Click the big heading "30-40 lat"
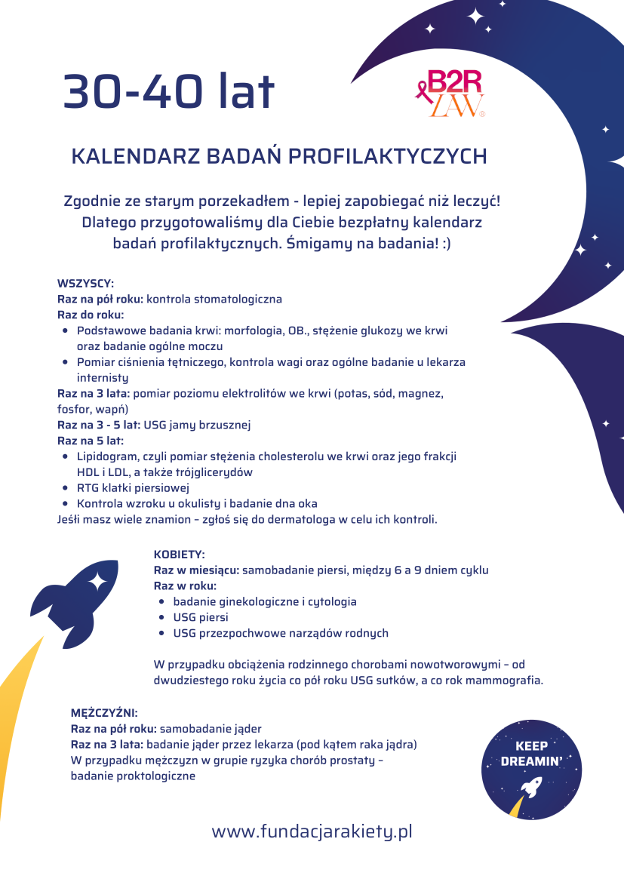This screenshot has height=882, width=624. tap(169, 92)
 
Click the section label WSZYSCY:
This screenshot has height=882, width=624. tap(85, 283)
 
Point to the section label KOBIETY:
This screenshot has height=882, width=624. tap(180, 554)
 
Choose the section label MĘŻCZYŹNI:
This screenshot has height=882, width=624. tap(104, 712)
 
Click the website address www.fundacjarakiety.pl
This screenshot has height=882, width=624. tap(312, 831)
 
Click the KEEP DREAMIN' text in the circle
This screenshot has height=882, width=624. tap(531, 754)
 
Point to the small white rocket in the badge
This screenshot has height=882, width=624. tap(530, 788)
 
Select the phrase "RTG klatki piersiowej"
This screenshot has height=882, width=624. tap(133, 487)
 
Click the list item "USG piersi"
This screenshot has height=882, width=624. tap(200, 617)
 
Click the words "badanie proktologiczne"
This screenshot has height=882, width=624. tap(133, 775)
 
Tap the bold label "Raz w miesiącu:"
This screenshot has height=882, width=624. tap(196, 570)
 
